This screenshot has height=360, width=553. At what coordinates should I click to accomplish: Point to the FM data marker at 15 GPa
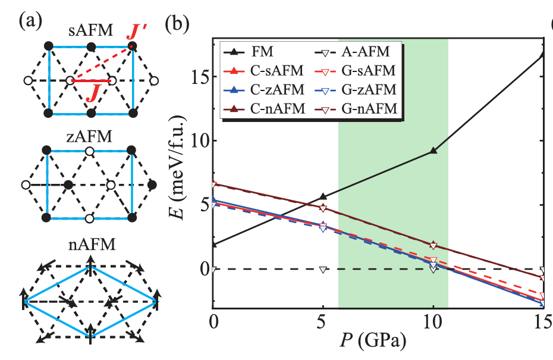click(543, 54)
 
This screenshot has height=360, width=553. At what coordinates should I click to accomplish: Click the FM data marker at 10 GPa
click(433, 151)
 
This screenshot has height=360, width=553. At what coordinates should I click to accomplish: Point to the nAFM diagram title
click(89, 243)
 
